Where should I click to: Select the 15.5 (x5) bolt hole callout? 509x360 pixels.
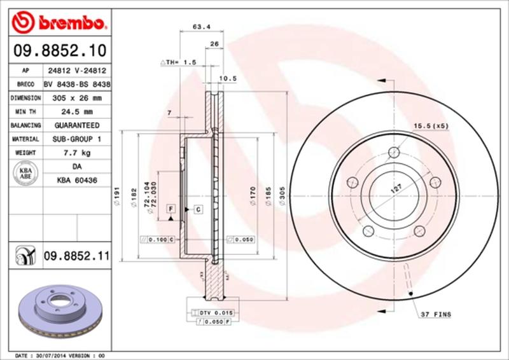point(431,125)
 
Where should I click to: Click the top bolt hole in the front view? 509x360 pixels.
point(394,152)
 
